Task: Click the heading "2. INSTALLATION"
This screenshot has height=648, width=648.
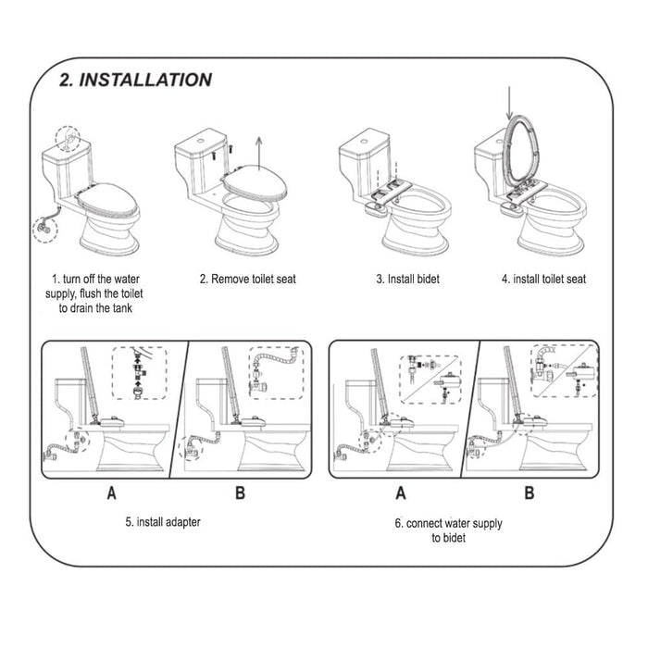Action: pos(135,80)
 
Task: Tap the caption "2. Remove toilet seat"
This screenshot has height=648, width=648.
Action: pos(248,279)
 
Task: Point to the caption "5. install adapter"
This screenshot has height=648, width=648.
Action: pos(163,522)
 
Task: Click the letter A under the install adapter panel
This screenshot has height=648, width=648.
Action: pos(111,493)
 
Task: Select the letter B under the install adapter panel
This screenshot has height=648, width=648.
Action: pos(240,493)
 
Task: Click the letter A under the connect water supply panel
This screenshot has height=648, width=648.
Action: pos(401,493)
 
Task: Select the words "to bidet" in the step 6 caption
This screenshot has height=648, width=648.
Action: pos(448,538)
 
